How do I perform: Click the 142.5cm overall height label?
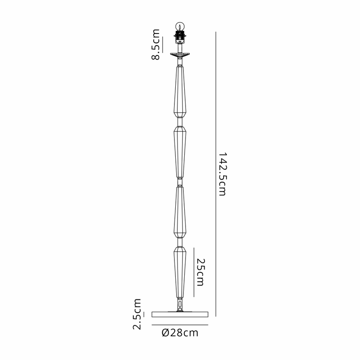pos(222,174)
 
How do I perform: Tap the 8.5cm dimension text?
pos(155,44)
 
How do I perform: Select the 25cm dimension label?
pos(200,272)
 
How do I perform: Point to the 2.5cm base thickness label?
pos(137,314)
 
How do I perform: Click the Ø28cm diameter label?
pos(180,332)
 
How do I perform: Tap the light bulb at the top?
pos(180,26)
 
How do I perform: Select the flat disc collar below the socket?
pos(180,55)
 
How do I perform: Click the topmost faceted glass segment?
pos(180,92)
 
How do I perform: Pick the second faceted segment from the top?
pos(180,152)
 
